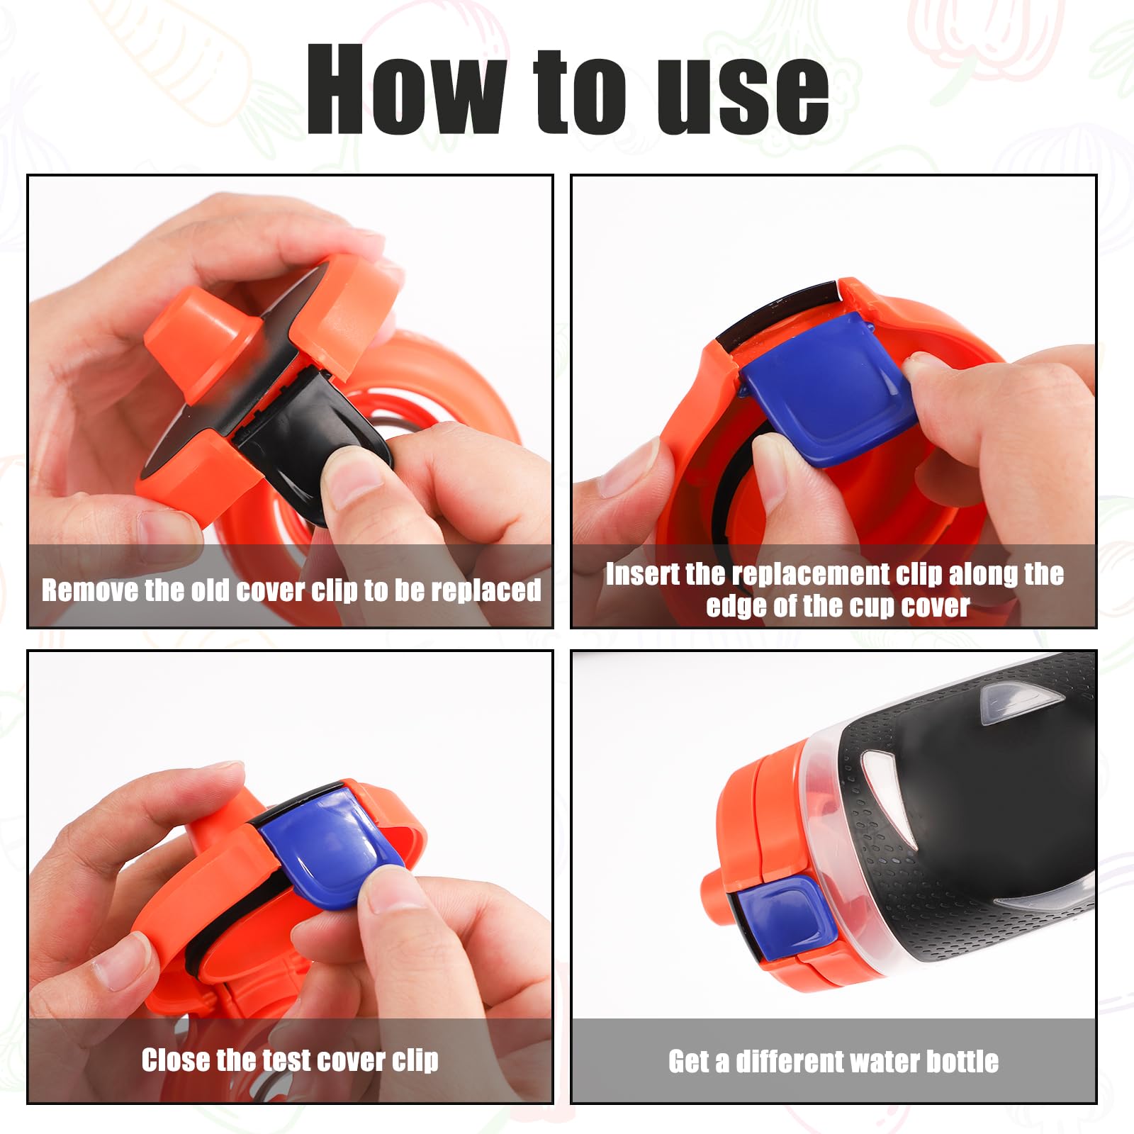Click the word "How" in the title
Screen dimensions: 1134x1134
[x=406, y=89]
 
